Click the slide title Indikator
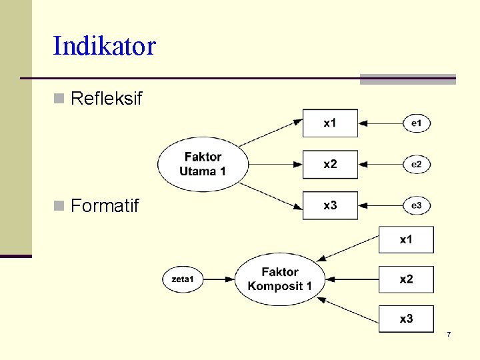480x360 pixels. click(104, 46)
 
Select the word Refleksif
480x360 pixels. click(106, 99)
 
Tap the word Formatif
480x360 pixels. click(105, 206)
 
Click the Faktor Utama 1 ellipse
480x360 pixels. click(202, 164)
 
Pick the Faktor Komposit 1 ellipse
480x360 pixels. click(280, 279)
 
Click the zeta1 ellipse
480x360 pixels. click(183, 279)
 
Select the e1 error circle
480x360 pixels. click(417, 123)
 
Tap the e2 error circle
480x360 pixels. click(417, 165)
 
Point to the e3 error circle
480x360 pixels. click(417, 206)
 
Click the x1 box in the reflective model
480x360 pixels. click(330, 123)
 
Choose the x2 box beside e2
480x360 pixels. click(330, 165)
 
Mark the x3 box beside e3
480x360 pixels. click(330, 205)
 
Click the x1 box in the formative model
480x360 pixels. click(406, 240)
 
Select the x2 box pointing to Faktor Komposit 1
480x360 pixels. click(406, 279)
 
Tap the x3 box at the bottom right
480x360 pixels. click(406, 319)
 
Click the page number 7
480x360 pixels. click(449, 334)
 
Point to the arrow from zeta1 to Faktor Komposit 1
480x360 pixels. click(219, 279)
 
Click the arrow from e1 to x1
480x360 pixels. click(381, 123)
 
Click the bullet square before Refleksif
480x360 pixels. click(59, 99)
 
